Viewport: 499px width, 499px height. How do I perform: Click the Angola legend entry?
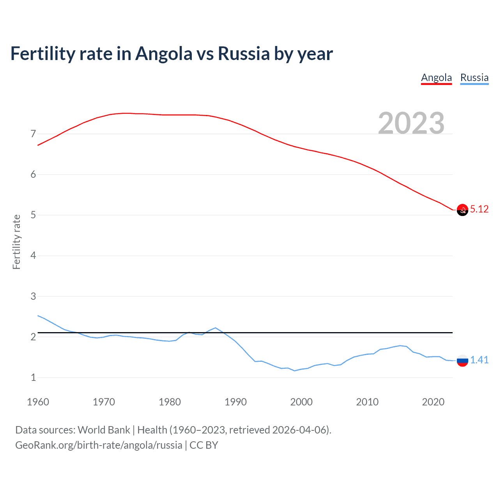(x=436, y=78)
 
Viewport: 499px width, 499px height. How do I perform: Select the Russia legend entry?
(x=474, y=78)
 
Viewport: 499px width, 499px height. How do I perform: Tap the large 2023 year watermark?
(x=411, y=123)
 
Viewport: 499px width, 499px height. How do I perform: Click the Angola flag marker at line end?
(x=462, y=210)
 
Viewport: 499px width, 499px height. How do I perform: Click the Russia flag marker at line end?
(x=462, y=361)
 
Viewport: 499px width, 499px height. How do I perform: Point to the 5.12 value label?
(x=479, y=209)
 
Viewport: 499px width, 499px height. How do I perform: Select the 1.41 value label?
(x=479, y=360)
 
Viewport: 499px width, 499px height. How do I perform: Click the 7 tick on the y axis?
(x=33, y=134)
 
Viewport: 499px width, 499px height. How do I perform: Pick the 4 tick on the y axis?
(x=33, y=256)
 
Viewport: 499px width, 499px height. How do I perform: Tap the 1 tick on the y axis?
(x=33, y=378)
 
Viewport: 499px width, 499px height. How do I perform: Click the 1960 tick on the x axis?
(x=38, y=402)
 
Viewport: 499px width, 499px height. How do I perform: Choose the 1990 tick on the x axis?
(x=235, y=402)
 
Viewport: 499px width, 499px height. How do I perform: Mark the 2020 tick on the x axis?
(x=433, y=402)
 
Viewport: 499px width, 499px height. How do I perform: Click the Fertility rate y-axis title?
(x=16, y=242)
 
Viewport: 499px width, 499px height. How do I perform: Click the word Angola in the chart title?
(x=164, y=54)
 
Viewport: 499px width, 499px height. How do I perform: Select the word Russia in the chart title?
(x=244, y=54)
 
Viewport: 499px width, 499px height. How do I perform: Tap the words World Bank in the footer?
(x=104, y=430)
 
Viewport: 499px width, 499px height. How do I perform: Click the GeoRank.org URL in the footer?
(x=99, y=445)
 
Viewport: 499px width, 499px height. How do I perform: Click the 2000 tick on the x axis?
(x=301, y=402)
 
